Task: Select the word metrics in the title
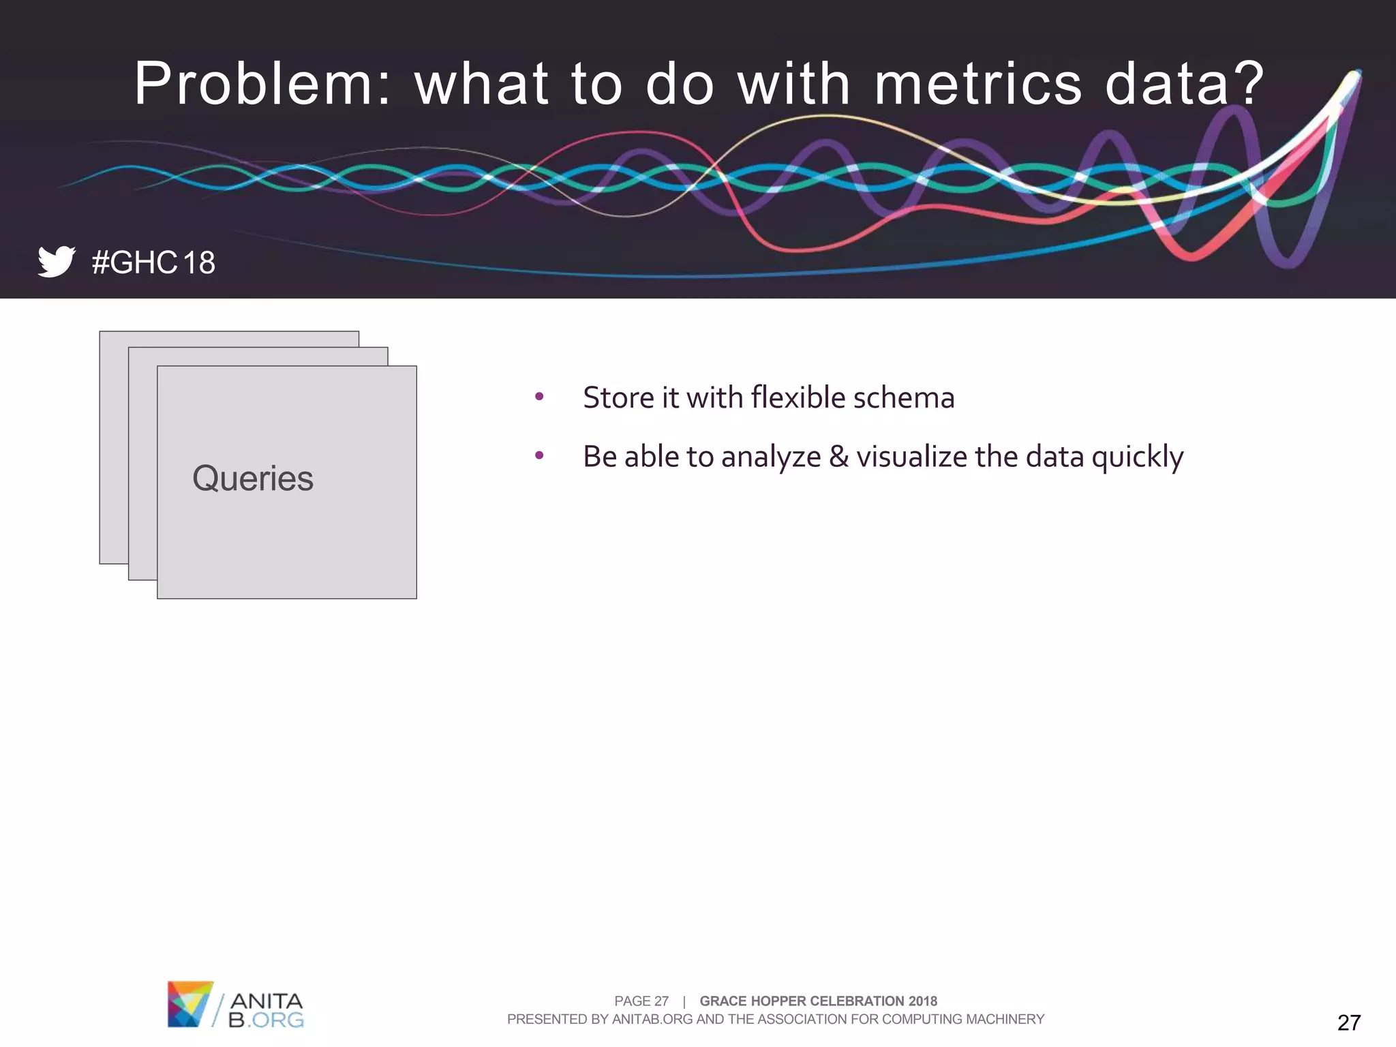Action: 977,84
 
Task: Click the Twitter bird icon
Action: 56,262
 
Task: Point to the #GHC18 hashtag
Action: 153,263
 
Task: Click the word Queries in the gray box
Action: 253,479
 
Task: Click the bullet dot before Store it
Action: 539,396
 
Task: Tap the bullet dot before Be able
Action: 539,455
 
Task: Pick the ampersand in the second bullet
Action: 838,457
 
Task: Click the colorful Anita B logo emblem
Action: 189,1004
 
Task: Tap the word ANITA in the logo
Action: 266,1001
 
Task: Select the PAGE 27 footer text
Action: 641,1001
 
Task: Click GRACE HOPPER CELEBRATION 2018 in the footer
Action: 818,1001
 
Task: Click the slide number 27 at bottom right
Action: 1348,1022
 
